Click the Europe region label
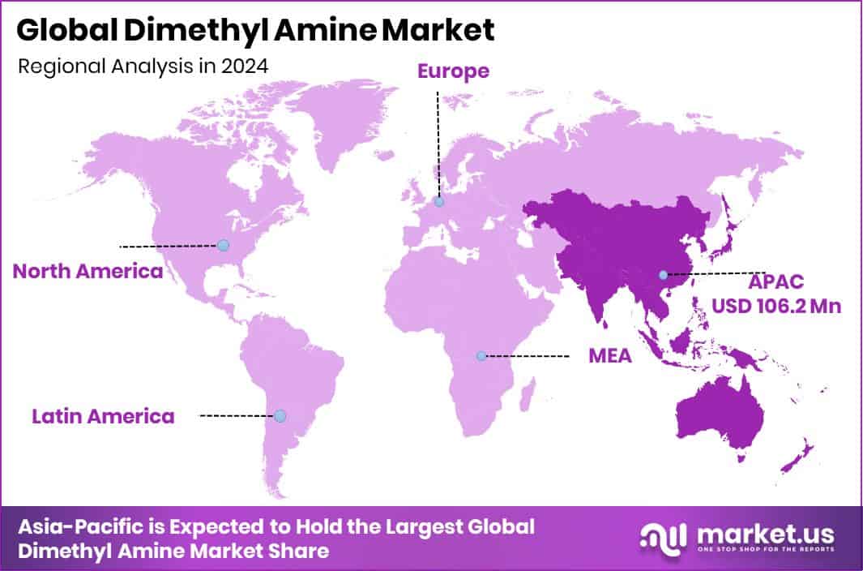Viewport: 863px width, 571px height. [453, 71]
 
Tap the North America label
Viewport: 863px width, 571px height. [88, 271]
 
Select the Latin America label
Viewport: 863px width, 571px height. [103, 417]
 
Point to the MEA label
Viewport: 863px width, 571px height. [609, 356]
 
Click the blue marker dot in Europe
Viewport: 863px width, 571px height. [438, 202]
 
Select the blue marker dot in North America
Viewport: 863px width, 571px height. [223, 245]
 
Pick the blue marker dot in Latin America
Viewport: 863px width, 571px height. [280, 415]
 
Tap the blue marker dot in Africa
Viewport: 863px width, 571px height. [481, 356]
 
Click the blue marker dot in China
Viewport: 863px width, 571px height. [664, 275]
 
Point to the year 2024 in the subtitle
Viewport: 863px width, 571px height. [247, 67]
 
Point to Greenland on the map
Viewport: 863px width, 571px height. [340, 122]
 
